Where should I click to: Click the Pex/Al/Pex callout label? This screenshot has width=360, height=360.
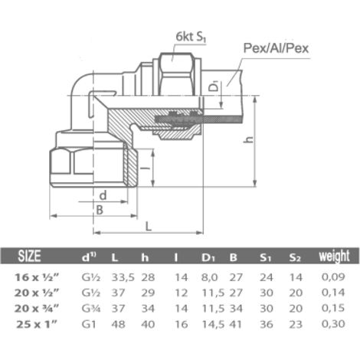276,48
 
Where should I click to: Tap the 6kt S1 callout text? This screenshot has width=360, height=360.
191,38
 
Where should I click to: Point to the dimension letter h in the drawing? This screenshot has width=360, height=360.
248,139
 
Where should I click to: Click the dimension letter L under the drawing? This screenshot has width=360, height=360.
149,226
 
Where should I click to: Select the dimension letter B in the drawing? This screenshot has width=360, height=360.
100,210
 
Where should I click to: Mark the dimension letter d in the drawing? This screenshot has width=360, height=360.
103,195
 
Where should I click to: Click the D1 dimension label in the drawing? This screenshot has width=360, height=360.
215,86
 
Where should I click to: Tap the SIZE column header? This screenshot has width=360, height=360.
29,256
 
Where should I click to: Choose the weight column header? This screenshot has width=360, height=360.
334,256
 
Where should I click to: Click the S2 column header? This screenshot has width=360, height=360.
295,257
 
